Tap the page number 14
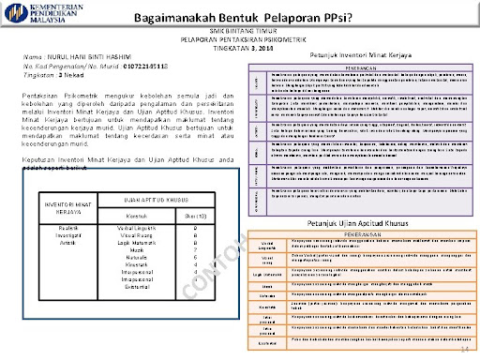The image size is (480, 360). click(x=464, y=348)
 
